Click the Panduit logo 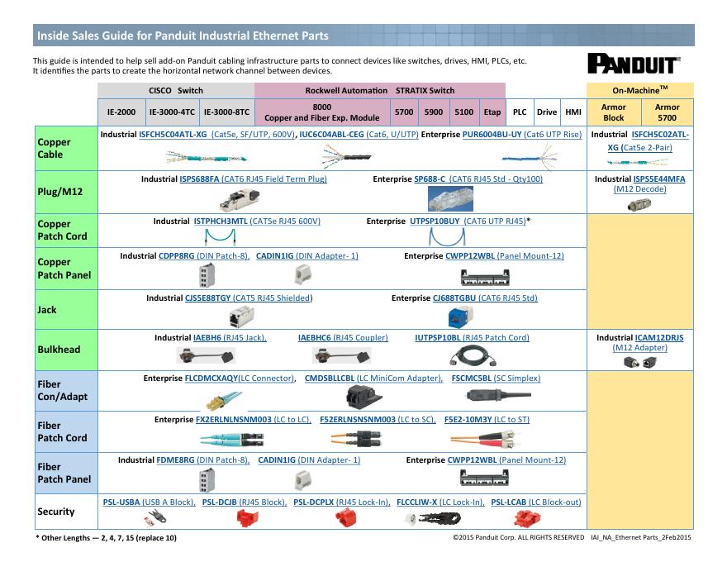[x=634, y=64]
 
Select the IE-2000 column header [x=121, y=112]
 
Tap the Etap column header [x=492, y=112]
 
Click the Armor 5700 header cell [x=667, y=112]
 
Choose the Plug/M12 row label [x=59, y=191]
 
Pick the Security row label [x=55, y=512]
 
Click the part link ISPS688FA [x=199, y=179]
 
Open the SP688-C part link [x=430, y=179]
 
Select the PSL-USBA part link [x=120, y=502]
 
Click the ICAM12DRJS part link [x=659, y=337]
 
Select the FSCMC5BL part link [x=471, y=378]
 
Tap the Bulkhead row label [x=59, y=350]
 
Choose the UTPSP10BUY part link [x=435, y=221]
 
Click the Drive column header [x=546, y=112]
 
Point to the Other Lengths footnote [x=106, y=538]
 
